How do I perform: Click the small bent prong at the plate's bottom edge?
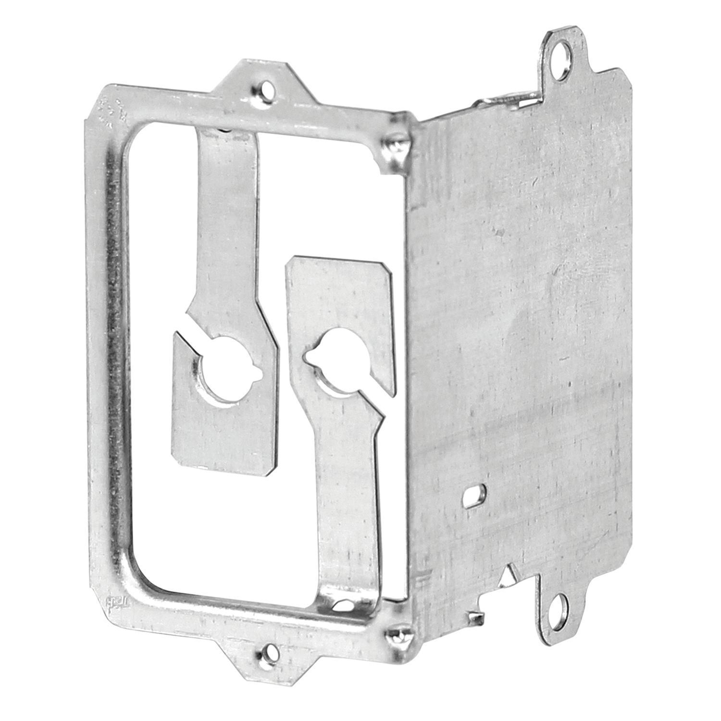point(476,612)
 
